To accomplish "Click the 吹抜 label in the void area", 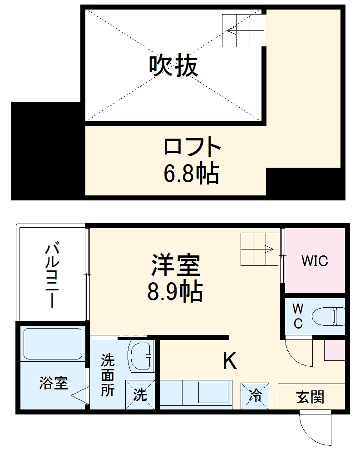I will (173, 66).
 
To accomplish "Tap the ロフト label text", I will (192, 146).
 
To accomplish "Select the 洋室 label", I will (175, 266).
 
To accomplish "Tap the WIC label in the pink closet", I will (315, 261).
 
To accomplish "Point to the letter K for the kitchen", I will (230, 361).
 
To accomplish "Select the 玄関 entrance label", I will (311, 397).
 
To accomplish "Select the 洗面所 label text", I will (107, 375).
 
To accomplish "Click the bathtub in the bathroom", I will (51, 344).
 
